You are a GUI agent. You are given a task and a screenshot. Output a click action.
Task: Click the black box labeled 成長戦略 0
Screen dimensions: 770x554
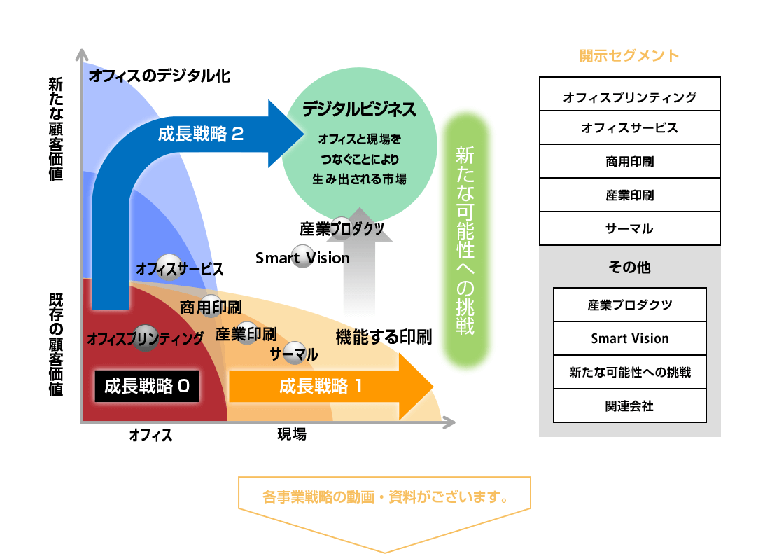(147, 386)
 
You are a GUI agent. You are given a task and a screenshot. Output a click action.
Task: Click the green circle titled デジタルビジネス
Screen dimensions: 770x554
(360, 145)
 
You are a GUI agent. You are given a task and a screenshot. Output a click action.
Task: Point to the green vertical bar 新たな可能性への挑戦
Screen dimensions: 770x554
(465, 241)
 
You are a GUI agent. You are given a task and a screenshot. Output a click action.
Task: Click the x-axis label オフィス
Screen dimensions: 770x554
(150, 435)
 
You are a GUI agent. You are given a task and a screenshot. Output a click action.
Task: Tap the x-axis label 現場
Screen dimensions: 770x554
(292, 434)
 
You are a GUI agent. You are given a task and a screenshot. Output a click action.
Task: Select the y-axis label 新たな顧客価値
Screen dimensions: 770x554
(56, 129)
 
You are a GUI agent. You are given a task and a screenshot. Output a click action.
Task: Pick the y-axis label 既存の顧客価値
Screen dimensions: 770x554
(56, 345)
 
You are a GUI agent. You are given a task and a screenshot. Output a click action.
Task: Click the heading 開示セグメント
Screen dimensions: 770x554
(629, 55)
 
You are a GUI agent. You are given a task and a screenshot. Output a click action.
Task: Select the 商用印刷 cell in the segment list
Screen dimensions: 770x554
(629, 162)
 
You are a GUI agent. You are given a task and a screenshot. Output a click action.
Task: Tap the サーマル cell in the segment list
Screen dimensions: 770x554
(629, 229)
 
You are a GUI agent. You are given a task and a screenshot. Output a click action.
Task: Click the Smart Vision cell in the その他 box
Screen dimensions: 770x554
(629, 339)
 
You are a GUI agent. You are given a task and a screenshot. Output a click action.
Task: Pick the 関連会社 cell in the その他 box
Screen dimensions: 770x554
(629, 406)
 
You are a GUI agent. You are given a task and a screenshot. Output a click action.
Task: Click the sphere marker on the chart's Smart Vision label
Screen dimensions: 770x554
(303, 256)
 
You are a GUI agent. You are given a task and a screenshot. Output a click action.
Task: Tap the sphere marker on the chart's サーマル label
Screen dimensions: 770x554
(295, 353)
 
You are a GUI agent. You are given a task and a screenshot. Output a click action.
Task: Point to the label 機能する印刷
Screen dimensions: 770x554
(384, 338)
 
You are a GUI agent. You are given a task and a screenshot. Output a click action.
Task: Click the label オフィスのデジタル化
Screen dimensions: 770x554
(160, 76)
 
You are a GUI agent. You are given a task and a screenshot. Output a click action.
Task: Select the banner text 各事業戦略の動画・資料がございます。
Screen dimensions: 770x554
(386, 497)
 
